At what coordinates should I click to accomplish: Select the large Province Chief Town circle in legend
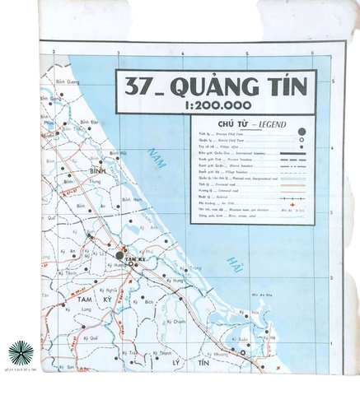click(x=302, y=132)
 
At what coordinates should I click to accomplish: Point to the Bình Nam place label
click(x=127, y=199)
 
